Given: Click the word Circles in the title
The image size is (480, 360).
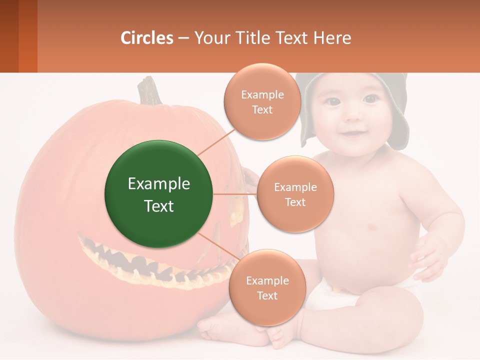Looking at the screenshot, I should tap(147, 38).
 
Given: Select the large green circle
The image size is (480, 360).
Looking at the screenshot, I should tap(159, 194).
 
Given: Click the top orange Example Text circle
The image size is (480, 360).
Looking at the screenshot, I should tap(262, 101).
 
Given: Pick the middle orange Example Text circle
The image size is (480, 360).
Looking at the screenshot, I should tap(295, 194).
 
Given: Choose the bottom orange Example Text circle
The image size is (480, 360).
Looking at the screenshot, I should tap(267, 287).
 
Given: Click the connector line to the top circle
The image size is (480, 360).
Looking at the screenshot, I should tap(216, 141).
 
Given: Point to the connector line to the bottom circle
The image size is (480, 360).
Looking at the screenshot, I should tap(218, 247).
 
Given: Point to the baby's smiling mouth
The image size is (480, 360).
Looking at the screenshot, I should tap(353, 133).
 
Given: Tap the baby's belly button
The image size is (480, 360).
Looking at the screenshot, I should tap(372, 227).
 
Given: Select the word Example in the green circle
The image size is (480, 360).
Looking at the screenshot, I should tap(159, 184).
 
